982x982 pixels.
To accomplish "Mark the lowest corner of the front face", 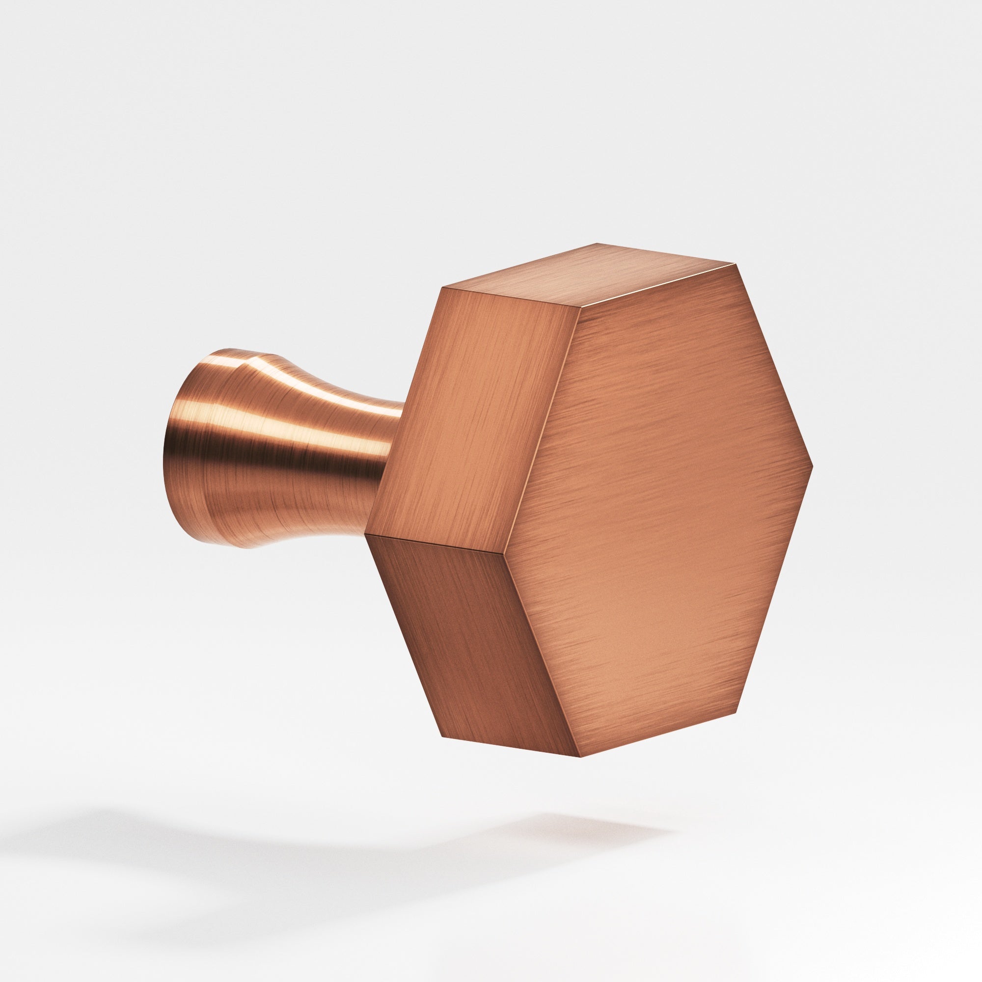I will click(x=580, y=756).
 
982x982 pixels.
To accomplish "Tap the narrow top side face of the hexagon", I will click(x=590, y=277).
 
